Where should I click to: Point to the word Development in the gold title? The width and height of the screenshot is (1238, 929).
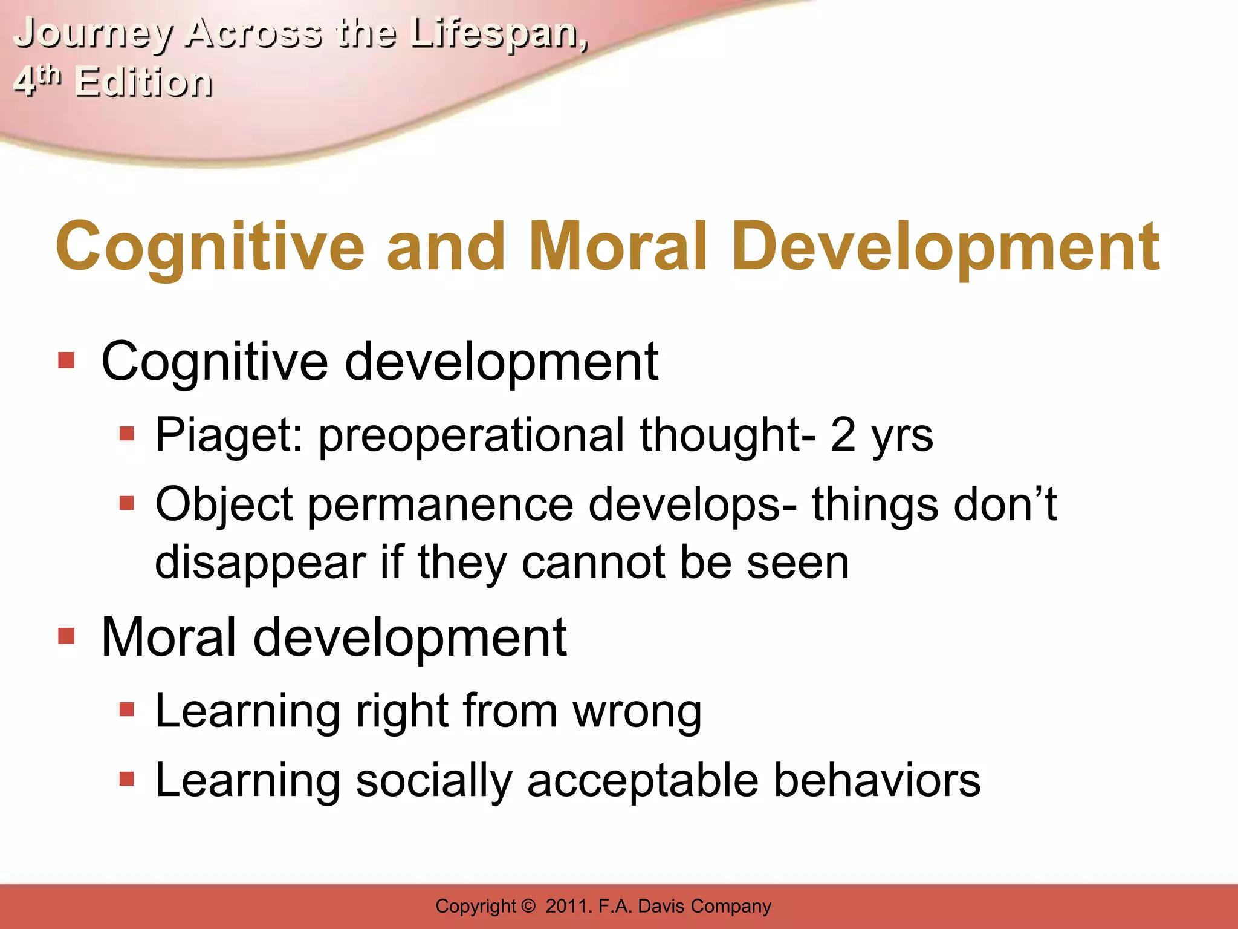coord(947,246)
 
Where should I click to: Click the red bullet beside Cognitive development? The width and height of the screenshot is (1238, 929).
coord(66,361)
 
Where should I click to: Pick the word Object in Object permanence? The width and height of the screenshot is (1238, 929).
coord(224,504)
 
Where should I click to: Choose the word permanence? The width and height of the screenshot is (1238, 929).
coord(441,504)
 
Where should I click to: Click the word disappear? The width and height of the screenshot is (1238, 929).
coord(261,562)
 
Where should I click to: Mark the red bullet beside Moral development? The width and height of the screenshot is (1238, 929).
coord(66,636)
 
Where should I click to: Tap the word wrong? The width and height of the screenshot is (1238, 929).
coord(638,711)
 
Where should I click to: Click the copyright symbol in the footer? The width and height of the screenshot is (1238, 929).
coord(528,906)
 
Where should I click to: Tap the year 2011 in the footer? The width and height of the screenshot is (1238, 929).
coord(568,906)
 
